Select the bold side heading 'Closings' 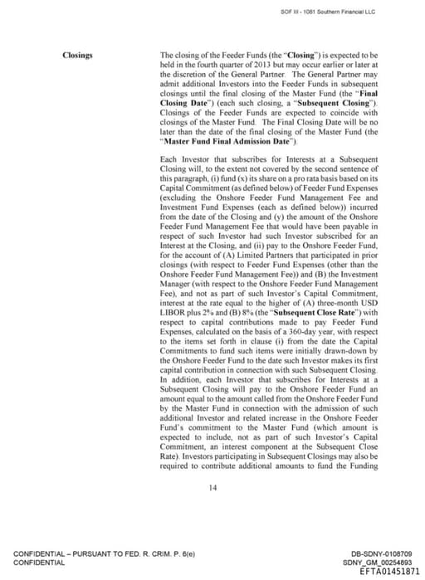pos(78,56)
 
